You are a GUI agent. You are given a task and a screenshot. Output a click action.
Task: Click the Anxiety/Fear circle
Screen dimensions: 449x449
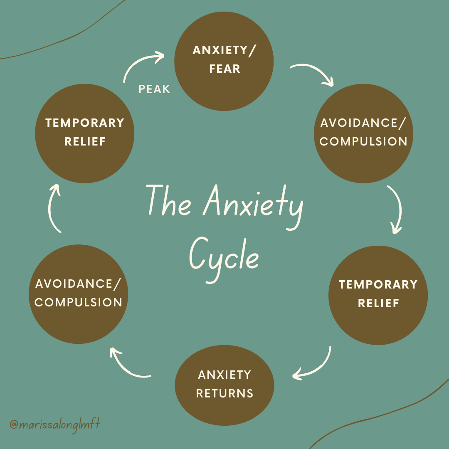coord(224,61)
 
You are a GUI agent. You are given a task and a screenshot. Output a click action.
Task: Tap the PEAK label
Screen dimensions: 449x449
coord(154,89)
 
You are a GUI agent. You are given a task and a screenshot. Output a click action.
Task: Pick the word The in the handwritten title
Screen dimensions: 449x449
coord(169,202)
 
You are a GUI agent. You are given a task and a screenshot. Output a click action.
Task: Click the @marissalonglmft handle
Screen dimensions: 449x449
coord(55,425)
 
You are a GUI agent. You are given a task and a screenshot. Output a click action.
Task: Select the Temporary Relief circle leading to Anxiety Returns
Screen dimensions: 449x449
coord(378,294)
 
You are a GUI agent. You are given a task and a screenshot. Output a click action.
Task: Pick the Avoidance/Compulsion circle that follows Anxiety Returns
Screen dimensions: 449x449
coord(79,293)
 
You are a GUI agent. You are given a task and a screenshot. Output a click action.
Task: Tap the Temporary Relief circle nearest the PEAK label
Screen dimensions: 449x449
coord(85,132)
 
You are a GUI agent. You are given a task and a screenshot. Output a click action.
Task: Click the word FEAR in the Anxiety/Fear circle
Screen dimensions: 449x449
coord(224,69)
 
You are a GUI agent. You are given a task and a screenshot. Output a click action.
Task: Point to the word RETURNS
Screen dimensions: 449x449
coord(224,393)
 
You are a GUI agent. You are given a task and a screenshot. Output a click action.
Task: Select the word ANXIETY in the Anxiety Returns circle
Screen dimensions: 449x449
coord(224,375)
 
